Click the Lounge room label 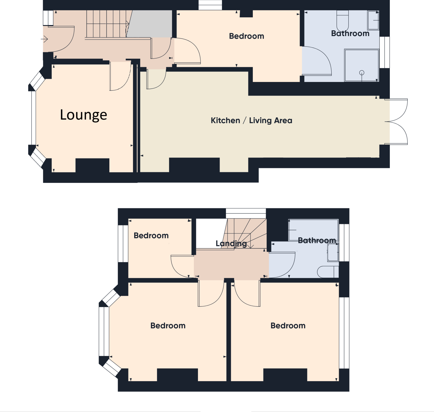(x=83, y=115)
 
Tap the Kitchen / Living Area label (x=251, y=121)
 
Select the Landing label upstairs (x=231, y=244)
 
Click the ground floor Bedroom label (x=246, y=36)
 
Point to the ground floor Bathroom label (x=350, y=33)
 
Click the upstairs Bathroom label (x=317, y=240)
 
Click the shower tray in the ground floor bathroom (x=362, y=65)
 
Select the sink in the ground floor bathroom (x=373, y=20)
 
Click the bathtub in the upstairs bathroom (x=313, y=230)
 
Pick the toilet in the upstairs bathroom (x=328, y=272)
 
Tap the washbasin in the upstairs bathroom (x=333, y=252)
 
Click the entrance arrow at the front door (x=44, y=39)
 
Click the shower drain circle (x=362, y=72)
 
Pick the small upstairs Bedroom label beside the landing (x=151, y=236)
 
